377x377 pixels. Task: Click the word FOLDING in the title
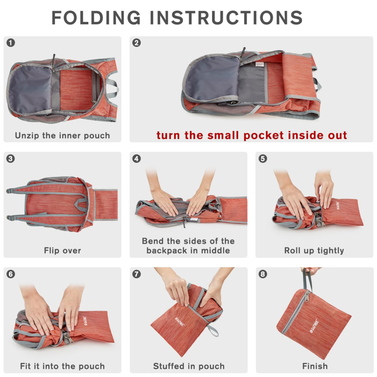(x=96, y=18)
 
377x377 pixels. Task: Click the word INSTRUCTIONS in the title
(x=226, y=18)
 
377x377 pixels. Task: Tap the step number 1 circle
(x=11, y=43)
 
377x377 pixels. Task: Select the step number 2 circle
(x=137, y=43)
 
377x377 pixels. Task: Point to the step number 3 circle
(x=11, y=158)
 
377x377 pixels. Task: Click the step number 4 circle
(x=137, y=158)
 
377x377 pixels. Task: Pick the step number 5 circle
(x=263, y=158)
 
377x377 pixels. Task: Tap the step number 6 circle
(x=11, y=274)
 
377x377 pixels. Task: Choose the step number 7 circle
(x=137, y=274)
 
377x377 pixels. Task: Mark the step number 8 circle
(x=263, y=274)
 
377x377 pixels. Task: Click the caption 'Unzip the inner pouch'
(x=63, y=136)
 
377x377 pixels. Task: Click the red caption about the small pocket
(x=252, y=135)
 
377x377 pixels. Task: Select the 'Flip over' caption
(x=63, y=251)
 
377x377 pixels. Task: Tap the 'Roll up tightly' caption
(x=314, y=251)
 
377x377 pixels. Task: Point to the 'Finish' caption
(x=315, y=366)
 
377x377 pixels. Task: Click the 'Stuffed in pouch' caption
(x=189, y=366)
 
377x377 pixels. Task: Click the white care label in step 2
(x=260, y=65)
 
